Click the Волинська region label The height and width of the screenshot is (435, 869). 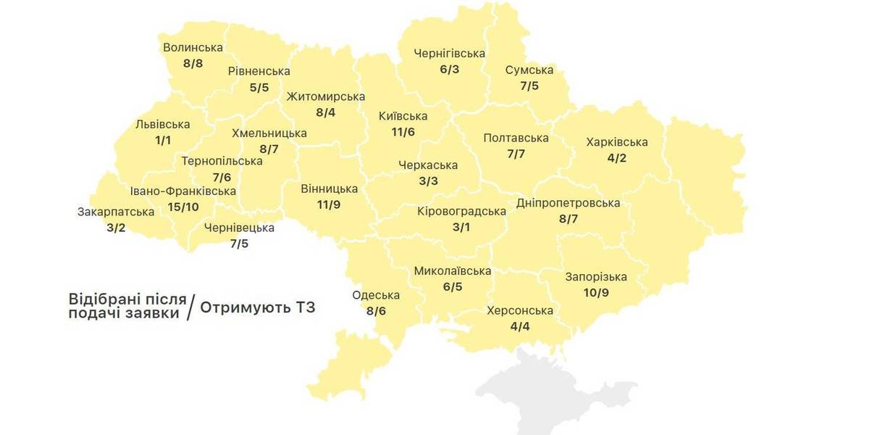coord(193,48)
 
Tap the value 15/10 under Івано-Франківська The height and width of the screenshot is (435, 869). coord(182,207)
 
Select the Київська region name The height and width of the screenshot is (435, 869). coord(403,116)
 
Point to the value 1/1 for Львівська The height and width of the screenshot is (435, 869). coord(162,140)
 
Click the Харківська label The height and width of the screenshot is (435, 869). coord(617,142)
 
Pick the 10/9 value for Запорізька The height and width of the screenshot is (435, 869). coord(596,293)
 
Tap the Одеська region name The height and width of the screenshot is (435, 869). coord(376,295)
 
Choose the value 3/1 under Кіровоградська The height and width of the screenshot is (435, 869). coord(461,228)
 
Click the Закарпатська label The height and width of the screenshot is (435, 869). coord(116,212)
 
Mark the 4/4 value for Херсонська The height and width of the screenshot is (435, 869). coord(520,326)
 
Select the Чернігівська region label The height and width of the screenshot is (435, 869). coord(449,54)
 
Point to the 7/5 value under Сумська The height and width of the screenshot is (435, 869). coord(529,86)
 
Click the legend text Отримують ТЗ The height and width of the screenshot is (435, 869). coord(258,307)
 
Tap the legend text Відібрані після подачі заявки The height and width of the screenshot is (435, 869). coord(125,306)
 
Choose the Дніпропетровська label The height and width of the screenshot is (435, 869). coord(568,203)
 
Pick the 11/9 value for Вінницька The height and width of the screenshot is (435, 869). coord(329,205)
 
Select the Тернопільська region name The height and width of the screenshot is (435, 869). coord(222,161)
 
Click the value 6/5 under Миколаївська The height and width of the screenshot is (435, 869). coord(452,287)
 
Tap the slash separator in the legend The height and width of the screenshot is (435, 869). coord(190,307)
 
